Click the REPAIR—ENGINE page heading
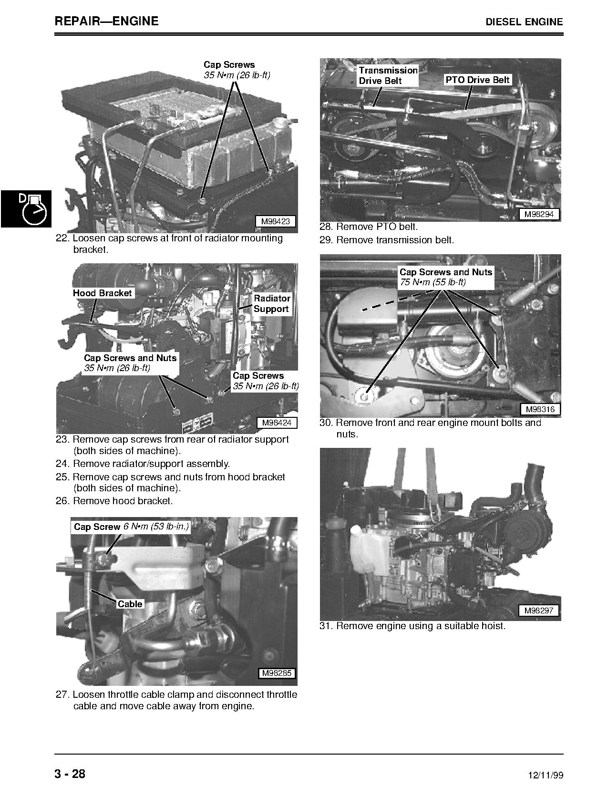pos(106,21)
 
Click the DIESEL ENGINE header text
pos(524,22)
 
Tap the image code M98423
pos(275,221)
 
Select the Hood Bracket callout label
pos(102,293)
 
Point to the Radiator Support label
pos(271,304)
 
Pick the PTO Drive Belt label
pos(477,80)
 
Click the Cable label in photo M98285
pos(130,604)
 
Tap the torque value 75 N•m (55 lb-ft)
pos(433,282)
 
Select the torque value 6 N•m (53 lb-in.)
pos(156,527)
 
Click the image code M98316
pos(540,409)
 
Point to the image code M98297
pos(538,611)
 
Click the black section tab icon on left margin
pos(25,208)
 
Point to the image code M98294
pos(539,214)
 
